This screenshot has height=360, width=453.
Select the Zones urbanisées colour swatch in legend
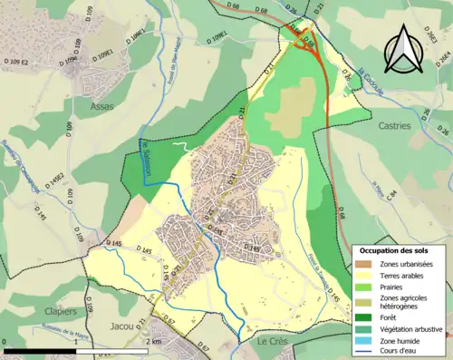tap(364, 263)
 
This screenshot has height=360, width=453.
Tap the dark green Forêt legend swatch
tap(364, 317)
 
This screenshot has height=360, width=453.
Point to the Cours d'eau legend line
tap(364, 354)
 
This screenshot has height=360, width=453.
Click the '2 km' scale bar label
tap(155, 342)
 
